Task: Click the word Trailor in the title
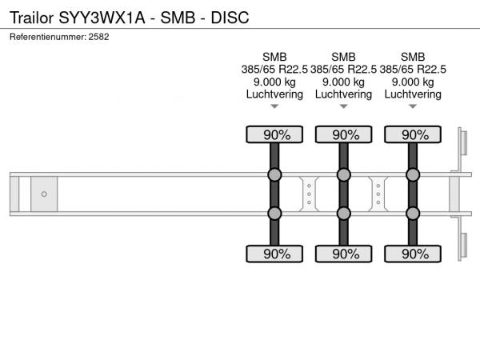click(x=32, y=18)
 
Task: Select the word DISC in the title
click(x=230, y=18)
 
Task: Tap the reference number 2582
click(x=98, y=37)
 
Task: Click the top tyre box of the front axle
click(x=274, y=134)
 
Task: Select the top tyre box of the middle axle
click(x=344, y=134)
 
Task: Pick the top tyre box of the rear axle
click(x=413, y=134)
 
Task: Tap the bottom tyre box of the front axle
click(x=274, y=254)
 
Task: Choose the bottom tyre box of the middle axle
click(x=344, y=254)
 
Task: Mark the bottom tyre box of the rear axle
click(x=413, y=254)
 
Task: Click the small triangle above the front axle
click(x=274, y=106)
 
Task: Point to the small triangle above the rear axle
click(x=413, y=106)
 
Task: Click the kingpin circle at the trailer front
click(x=44, y=194)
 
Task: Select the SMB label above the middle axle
click(x=343, y=57)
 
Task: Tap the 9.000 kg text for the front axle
click(x=274, y=82)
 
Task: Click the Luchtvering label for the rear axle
click(x=413, y=94)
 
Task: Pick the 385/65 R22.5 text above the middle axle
click(x=343, y=70)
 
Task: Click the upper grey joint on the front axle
click(x=274, y=174)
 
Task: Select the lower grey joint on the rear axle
click(x=413, y=214)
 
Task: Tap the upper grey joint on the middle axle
click(x=344, y=174)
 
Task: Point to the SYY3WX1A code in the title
click(x=102, y=18)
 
